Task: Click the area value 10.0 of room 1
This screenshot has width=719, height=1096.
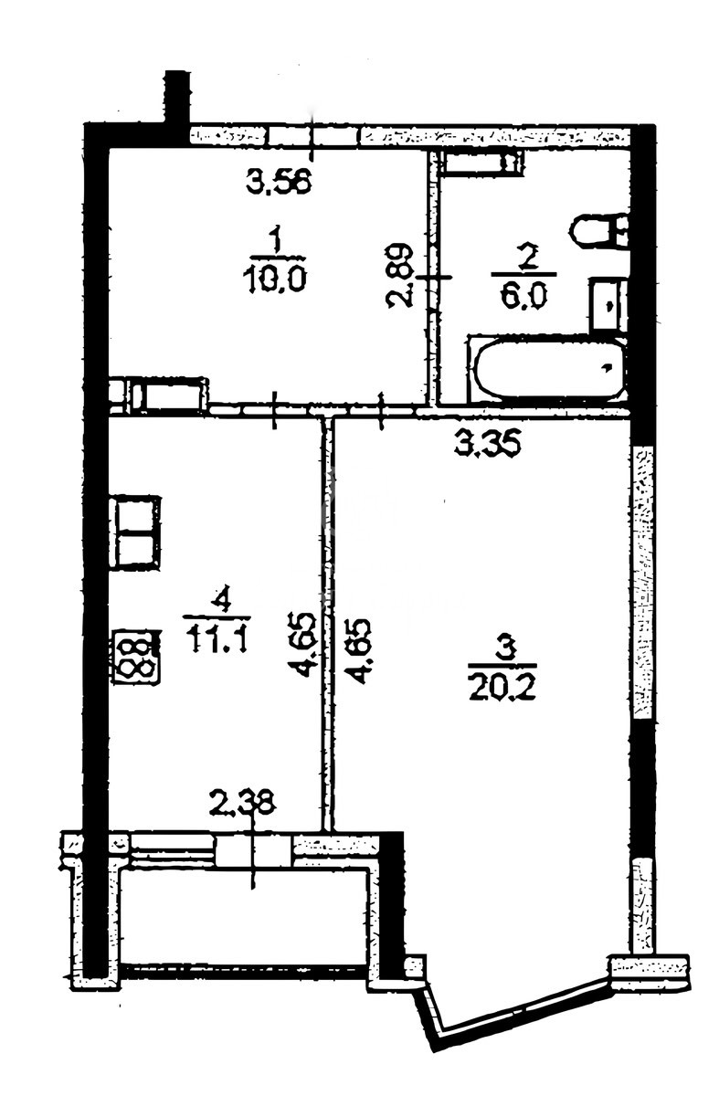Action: tap(275, 279)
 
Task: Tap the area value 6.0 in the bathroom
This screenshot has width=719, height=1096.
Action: tap(523, 296)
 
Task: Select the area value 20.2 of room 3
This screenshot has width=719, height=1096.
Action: tap(502, 687)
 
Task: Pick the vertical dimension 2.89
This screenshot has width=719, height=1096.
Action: tap(400, 276)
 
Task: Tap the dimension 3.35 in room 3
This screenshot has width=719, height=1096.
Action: tap(488, 444)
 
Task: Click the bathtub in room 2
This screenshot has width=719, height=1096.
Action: tap(547, 369)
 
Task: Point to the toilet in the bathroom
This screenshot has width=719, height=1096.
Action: tap(599, 231)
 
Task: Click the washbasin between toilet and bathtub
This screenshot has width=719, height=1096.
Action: tap(608, 304)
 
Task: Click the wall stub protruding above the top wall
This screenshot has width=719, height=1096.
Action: tap(177, 98)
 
